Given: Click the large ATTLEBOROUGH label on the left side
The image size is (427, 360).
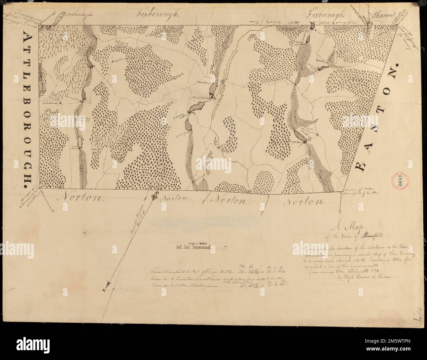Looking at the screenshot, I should click(28, 107).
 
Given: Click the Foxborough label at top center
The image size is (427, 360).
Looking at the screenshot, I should click(158, 14).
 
